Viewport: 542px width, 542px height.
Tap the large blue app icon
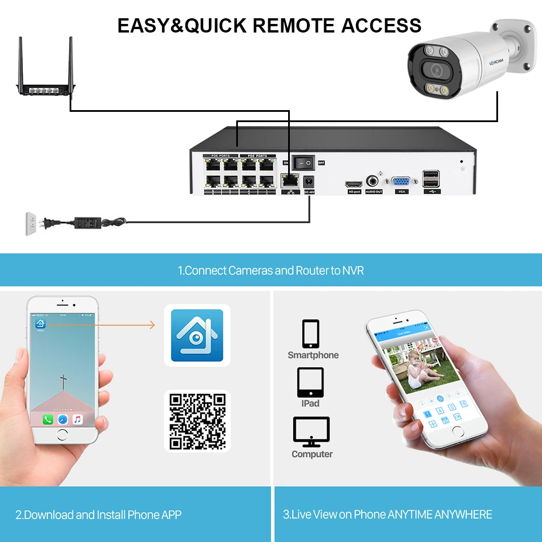[197, 335]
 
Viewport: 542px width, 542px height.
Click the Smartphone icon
[311, 334]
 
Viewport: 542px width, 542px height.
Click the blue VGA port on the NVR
[401, 182]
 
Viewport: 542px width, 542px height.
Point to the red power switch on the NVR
[302, 163]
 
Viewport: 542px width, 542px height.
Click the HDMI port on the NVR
[354, 184]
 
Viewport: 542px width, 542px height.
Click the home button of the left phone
[62, 434]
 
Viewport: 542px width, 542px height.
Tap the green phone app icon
[48, 419]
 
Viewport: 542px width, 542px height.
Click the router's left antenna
[21, 60]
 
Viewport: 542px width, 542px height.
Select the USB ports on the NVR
[431, 179]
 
